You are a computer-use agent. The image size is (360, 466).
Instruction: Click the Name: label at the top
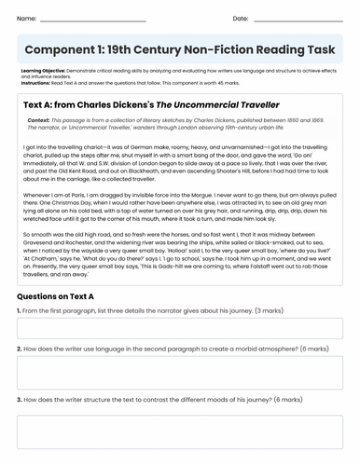[27, 18]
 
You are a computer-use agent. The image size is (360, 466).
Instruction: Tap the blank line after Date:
[298, 19]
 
